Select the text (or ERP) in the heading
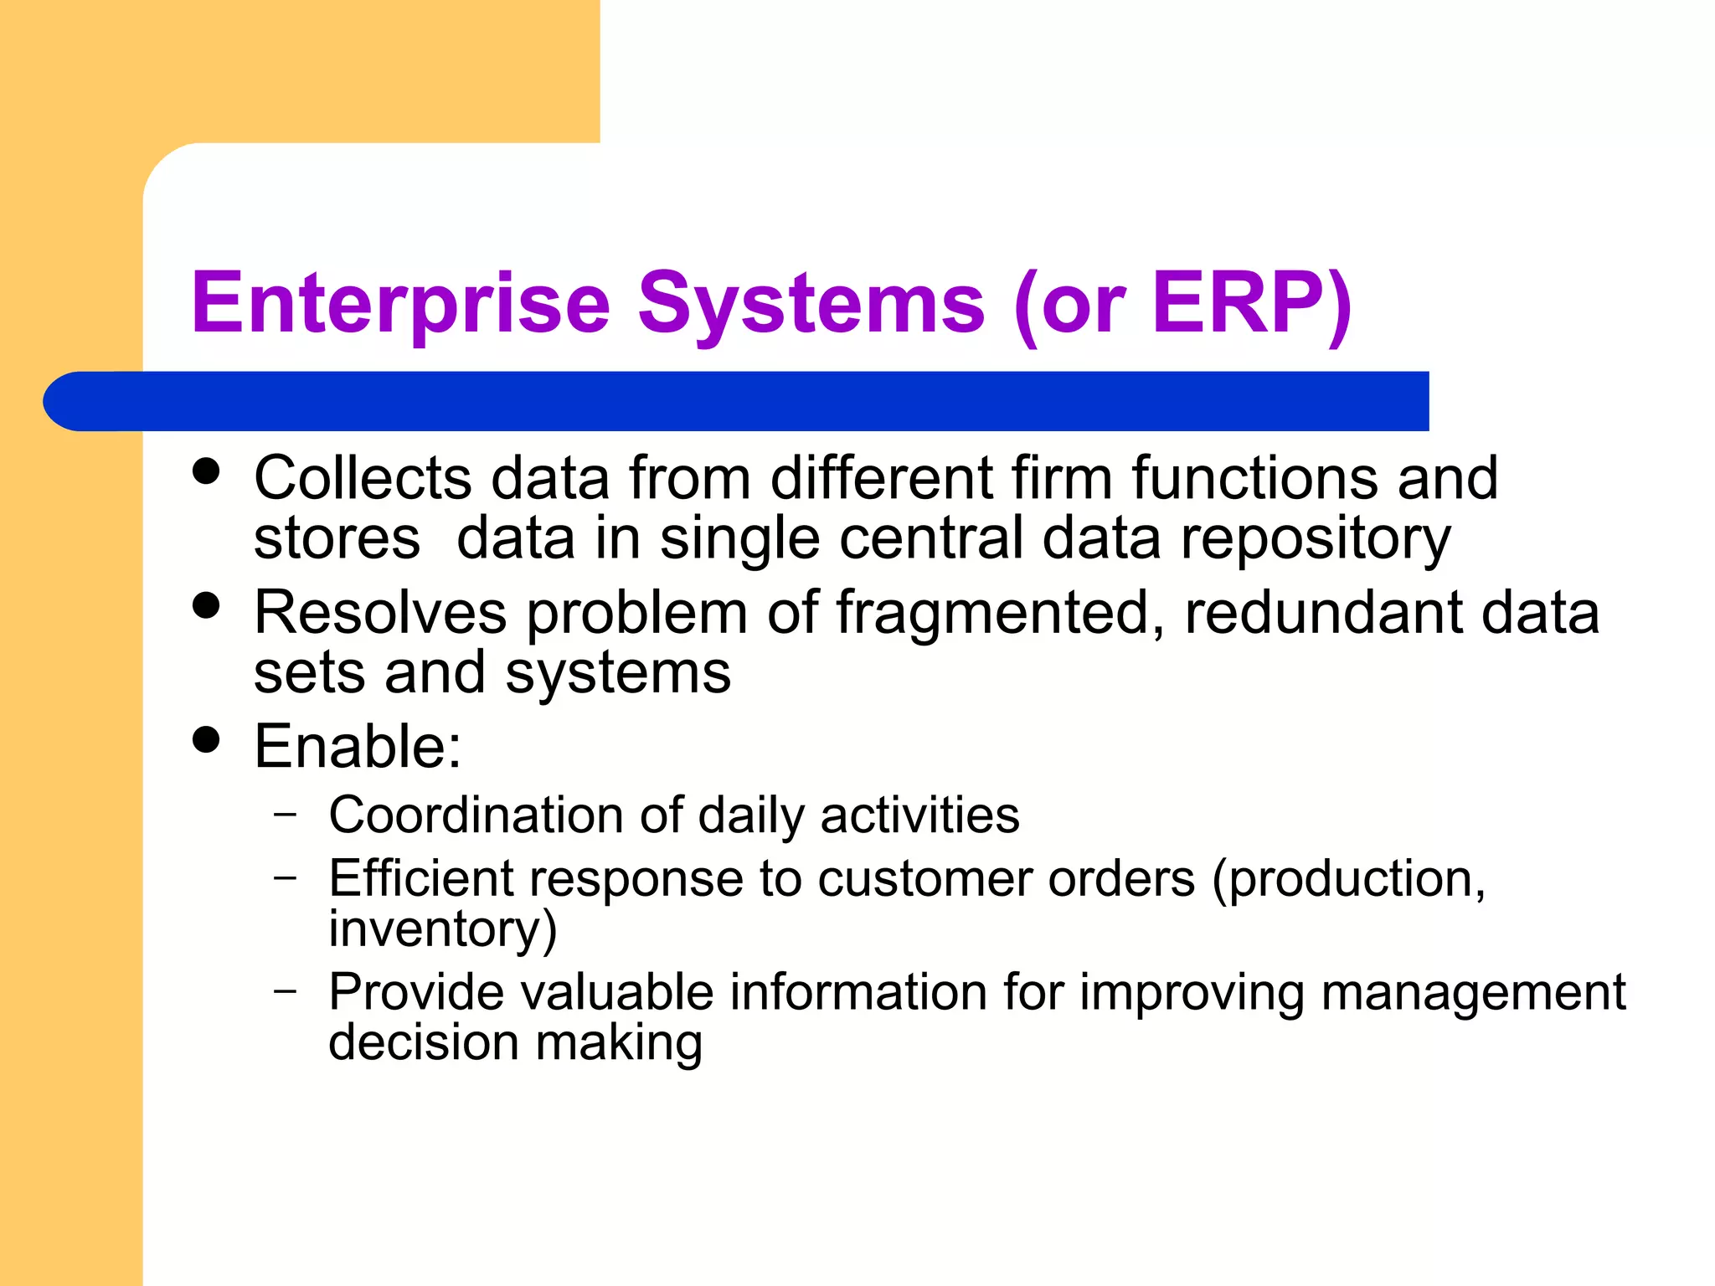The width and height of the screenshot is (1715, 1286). pyautogui.click(x=1182, y=303)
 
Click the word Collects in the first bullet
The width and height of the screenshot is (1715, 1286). pyautogui.click(x=363, y=478)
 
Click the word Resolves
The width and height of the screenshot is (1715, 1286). pyautogui.click(x=380, y=613)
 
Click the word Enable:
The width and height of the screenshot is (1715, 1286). pyautogui.click(x=358, y=746)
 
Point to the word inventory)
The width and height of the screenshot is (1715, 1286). pyautogui.click(x=442, y=929)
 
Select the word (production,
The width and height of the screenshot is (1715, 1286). pyautogui.click(x=1348, y=880)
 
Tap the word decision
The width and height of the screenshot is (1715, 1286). pyautogui.click(x=423, y=1043)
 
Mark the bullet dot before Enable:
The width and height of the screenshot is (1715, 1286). pyautogui.click(x=205, y=739)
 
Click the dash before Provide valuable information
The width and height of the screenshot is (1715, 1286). pyautogui.click(x=286, y=990)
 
